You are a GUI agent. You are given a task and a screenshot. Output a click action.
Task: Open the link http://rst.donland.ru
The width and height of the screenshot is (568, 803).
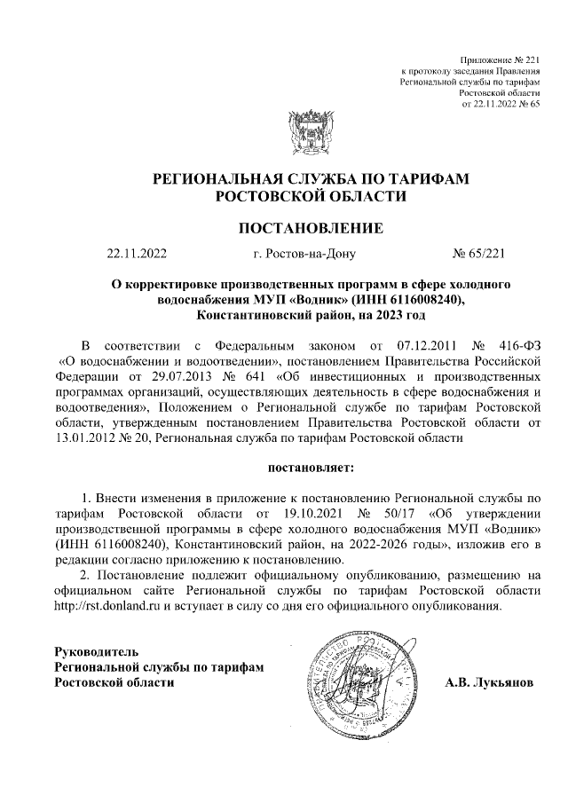(108, 607)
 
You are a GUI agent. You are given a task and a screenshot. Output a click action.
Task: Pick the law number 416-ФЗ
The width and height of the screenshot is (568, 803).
(517, 368)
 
